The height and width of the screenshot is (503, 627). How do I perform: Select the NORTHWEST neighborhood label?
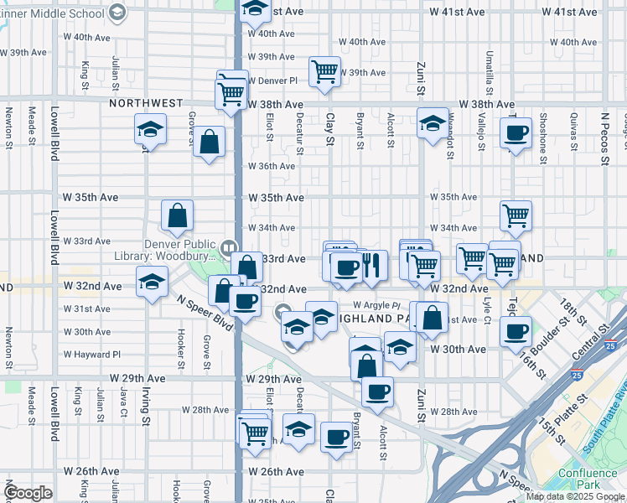click(146, 103)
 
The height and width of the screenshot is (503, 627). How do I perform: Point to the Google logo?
click(28, 493)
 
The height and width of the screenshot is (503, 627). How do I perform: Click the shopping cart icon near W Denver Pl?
click(324, 72)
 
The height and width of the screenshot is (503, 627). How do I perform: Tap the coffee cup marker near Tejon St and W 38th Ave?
click(516, 132)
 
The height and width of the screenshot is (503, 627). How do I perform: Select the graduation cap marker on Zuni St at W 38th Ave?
click(433, 124)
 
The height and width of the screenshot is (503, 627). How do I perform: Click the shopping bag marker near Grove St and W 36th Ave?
click(209, 142)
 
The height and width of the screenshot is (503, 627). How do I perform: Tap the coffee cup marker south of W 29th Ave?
click(377, 391)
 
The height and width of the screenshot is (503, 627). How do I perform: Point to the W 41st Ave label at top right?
click(569, 13)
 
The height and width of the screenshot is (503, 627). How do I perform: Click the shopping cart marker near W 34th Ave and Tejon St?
click(516, 215)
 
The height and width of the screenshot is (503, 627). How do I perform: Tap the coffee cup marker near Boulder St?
click(516, 330)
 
